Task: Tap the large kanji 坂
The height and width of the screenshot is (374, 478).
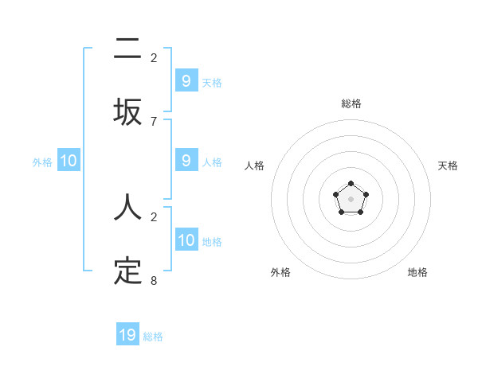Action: [x=127, y=111]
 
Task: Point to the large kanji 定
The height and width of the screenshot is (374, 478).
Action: [x=127, y=271]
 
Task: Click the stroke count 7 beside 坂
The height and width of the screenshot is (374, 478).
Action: [x=154, y=121]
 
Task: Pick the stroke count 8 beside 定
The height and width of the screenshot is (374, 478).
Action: [x=154, y=280]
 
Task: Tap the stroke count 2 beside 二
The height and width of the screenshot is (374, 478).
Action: [x=154, y=57]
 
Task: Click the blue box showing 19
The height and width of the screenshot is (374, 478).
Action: [x=127, y=335]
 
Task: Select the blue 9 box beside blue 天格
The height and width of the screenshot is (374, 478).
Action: [x=186, y=81]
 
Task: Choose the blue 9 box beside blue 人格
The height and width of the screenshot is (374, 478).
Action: [x=186, y=161]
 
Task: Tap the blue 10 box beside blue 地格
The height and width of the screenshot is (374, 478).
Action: [x=186, y=240]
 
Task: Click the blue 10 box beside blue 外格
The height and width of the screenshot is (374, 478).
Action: [x=69, y=161]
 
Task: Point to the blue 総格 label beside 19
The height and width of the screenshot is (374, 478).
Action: [x=153, y=337]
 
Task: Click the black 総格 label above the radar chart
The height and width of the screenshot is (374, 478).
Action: [x=351, y=103]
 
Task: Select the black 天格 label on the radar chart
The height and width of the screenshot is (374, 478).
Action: [x=449, y=166]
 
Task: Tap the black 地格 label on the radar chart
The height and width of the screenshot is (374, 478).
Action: [x=417, y=272]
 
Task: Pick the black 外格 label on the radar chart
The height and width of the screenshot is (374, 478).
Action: [x=280, y=272]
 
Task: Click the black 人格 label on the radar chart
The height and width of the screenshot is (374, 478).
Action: [x=255, y=166]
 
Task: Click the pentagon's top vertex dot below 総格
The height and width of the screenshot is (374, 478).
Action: [x=351, y=184]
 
